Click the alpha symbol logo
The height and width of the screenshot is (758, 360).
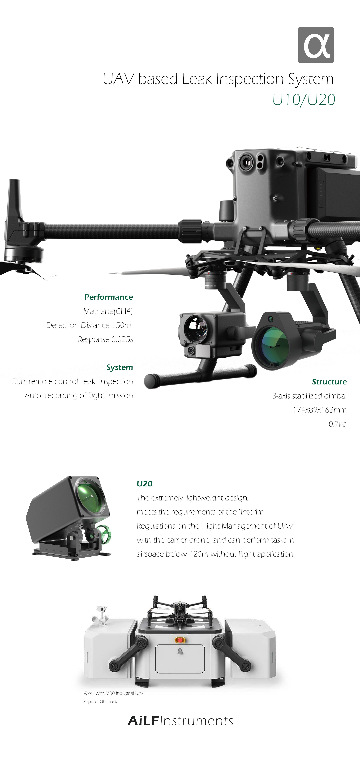coord(316,45)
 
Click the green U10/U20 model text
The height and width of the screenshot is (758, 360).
coord(304,100)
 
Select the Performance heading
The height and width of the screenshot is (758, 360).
coord(109,297)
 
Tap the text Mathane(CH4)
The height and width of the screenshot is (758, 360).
coord(108,311)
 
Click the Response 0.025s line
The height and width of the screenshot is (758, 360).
coord(105,339)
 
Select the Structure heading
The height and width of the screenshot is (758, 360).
coord(329,382)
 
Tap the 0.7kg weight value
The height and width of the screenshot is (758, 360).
coord(338,424)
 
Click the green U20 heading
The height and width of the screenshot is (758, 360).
coord(144,484)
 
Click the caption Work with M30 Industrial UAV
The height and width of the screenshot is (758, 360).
coord(114,693)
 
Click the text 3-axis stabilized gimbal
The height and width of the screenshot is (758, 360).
coord(309,396)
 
